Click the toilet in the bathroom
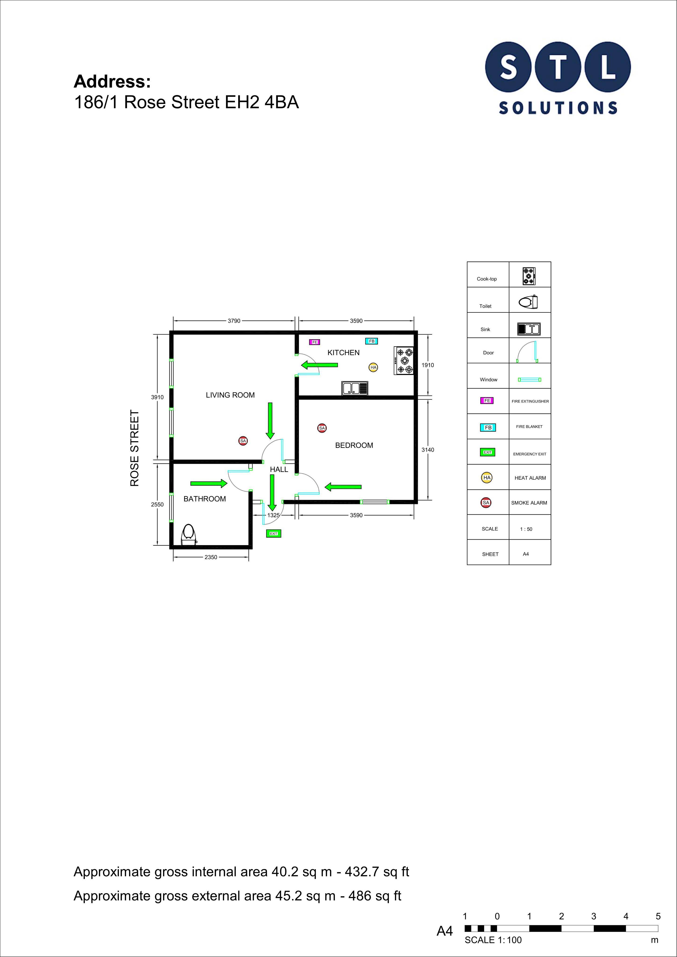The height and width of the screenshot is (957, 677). point(189,534)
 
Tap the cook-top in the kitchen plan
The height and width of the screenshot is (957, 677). point(404,361)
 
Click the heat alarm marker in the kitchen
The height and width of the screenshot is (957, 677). point(373,367)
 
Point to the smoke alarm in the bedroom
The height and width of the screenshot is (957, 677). point(322,428)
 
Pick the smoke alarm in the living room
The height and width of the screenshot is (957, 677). point(243,441)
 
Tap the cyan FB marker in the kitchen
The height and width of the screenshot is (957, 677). point(371,341)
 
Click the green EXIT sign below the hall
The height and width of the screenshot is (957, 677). point(273,533)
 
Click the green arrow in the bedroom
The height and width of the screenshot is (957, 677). point(343,486)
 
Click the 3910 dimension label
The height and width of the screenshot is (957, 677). point(157,397)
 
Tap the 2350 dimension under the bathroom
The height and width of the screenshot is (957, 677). point(211,557)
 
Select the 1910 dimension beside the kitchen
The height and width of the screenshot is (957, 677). point(428,365)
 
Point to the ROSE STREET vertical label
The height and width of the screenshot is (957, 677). point(134,448)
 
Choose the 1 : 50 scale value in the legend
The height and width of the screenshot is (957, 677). point(526,529)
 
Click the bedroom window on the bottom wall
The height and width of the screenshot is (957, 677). point(375,502)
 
